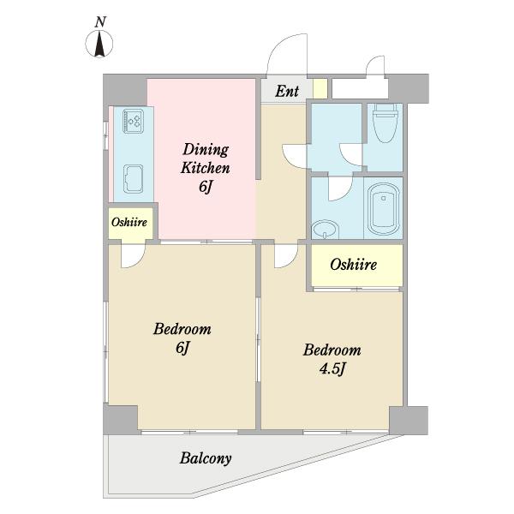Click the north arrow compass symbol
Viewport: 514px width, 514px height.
tap(99, 44)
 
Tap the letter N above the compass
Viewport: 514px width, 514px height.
tap(100, 22)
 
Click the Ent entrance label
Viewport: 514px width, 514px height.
tap(287, 91)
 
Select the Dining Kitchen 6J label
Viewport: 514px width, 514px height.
tap(206, 168)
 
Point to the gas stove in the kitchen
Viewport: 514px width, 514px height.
tap(133, 121)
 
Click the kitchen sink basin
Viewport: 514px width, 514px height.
tap(133, 179)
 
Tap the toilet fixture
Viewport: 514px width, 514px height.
tap(385, 123)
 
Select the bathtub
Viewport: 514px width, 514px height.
tap(384, 208)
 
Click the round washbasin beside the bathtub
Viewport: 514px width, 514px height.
tap(324, 229)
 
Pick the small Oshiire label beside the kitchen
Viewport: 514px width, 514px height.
tap(129, 222)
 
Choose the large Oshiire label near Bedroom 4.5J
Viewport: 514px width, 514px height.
tap(353, 264)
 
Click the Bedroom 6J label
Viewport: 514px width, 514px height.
tap(182, 338)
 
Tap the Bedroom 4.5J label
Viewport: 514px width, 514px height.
tap(332, 359)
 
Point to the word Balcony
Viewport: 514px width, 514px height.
tap(206, 458)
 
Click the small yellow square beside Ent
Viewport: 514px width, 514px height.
tap(320, 88)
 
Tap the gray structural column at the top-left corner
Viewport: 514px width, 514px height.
tap(125, 89)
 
